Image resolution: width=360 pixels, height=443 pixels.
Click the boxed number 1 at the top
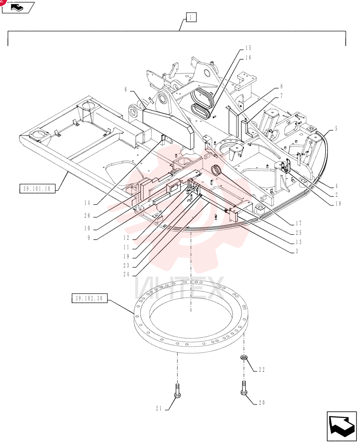pyautogui.click(x=191, y=18)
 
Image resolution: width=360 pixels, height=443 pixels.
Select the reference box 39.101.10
pyautogui.click(x=37, y=188)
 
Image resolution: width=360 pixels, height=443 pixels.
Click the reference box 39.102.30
pyautogui.click(x=90, y=298)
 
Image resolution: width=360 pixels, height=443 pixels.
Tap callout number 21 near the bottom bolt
pyautogui.click(x=159, y=408)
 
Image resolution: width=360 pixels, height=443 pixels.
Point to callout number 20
pyautogui.click(x=262, y=403)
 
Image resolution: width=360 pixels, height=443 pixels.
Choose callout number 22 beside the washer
pyautogui.click(x=262, y=369)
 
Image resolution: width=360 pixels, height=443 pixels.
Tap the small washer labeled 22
pyautogui.click(x=243, y=358)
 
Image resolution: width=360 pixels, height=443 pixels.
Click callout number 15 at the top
pyautogui.click(x=248, y=48)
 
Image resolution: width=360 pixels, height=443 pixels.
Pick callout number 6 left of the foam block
pyautogui.click(x=126, y=90)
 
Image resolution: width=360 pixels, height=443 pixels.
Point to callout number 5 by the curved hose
pyautogui.click(x=336, y=129)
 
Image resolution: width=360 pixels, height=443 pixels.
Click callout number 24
pyautogui.click(x=126, y=274)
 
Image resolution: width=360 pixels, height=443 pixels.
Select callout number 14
pyautogui.click(x=87, y=203)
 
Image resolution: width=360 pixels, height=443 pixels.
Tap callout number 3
pyautogui.click(x=297, y=251)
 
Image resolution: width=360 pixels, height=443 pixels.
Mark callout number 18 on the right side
pyautogui.click(x=338, y=203)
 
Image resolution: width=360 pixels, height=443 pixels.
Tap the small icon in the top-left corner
pyautogui.click(x=18, y=8)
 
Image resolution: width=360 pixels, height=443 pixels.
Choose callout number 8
pyautogui.click(x=282, y=86)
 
